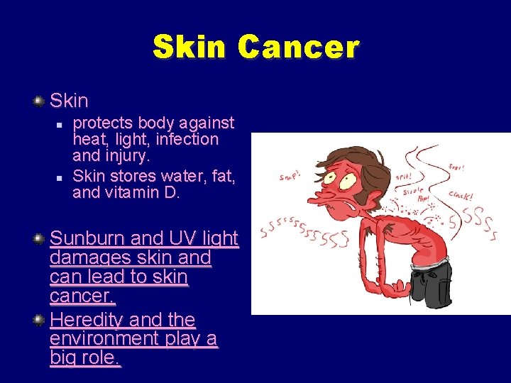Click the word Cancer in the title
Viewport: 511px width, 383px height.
point(299,48)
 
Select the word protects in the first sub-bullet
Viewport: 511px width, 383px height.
point(104,123)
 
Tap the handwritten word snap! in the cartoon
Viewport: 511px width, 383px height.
point(290,177)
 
